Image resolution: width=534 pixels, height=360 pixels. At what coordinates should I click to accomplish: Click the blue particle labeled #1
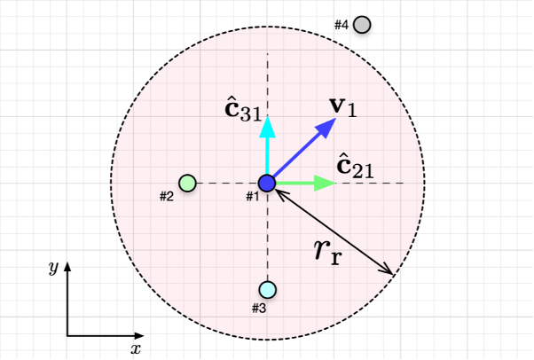[268, 184]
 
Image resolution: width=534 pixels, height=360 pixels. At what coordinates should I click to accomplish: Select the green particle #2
[187, 184]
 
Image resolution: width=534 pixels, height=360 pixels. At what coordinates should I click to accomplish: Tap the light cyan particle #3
[268, 289]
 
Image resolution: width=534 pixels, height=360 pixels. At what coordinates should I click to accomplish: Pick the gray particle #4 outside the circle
[362, 25]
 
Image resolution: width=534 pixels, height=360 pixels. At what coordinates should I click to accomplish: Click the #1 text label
[252, 196]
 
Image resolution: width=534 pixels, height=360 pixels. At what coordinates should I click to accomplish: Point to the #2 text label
[167, 196]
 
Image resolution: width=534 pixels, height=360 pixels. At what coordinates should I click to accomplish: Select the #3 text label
[259, 308]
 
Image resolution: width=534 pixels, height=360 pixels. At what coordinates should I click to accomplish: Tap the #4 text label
[342, 25]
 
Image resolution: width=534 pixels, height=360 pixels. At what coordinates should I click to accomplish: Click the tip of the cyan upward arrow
[268, 116]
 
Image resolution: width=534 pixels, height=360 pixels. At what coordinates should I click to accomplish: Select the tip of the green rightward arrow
[334, 184]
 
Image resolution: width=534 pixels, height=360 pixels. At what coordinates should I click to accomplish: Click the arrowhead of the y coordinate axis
[67, 263]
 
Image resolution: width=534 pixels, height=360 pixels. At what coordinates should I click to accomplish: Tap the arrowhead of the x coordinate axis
[141, 336]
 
